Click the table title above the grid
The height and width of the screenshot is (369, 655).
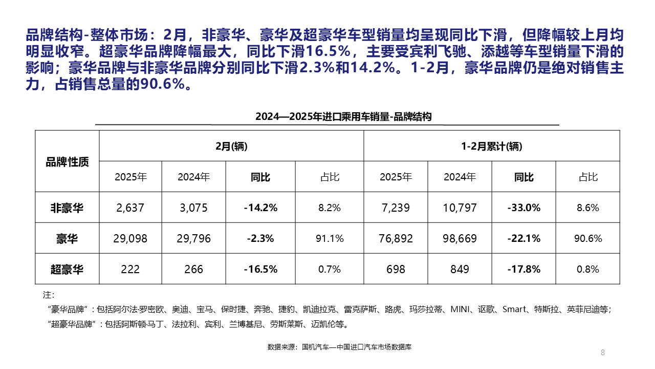pyautogui.click(x=343, y=117)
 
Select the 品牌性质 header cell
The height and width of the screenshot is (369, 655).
pyautogui.click(x=67, y=162)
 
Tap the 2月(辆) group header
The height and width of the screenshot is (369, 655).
pyautogui.click(x=231, y=147)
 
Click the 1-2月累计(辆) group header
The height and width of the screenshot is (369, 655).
pyautogui.click(x=491, y=147)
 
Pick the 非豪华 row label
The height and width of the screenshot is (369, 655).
pyautogui.click(x=67, y=208)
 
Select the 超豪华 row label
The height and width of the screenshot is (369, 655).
pyautogui.click(x=67, y=269)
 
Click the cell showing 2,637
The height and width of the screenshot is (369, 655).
pyautogui.click(x=130, y=208)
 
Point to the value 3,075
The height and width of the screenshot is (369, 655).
pyautogui.click(x=193, y=208)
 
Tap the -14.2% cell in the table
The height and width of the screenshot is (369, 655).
pyautogui.click(x=260, y=208)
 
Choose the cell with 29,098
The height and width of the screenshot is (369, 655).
pyautogui.click(x=130, y=238)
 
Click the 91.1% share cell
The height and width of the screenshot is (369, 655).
pyautogui.click(x=330, y=238)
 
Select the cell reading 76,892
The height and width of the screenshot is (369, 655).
pyautogui.click(x=396, y=238)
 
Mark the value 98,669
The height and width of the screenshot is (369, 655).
pyautogui.click(x=460, y=238)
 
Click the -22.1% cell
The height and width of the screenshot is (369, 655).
pyautogui.click(x=523, y=238)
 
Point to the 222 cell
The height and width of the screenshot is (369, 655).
pyautogui.click(x=130, y=269)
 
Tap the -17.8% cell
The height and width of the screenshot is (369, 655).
pyautogui.click(x=523, y=269)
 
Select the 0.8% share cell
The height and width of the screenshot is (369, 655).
pyautogui.click(x=588, y=269)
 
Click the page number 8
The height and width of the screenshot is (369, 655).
pyautogui.click(x=602, y=352)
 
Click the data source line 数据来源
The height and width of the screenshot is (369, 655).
pyautogui.click(x=339, y=347)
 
